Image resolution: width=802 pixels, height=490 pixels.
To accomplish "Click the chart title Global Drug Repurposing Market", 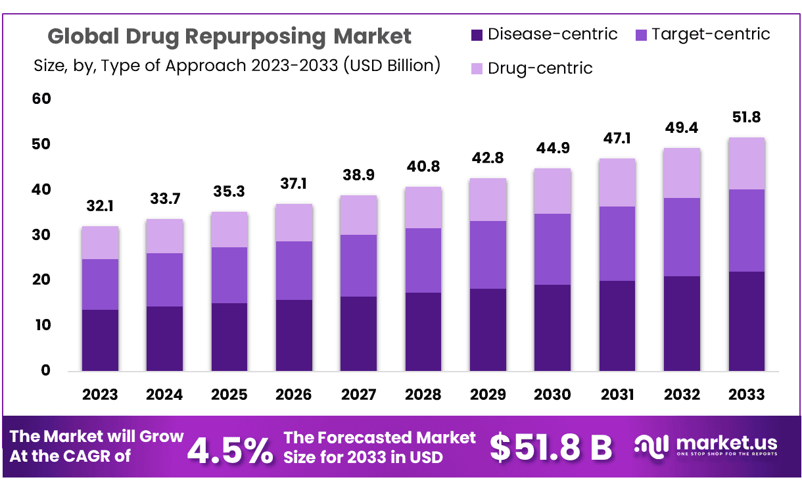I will click(229, 36).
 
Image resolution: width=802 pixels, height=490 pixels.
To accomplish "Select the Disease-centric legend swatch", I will click(477, 34).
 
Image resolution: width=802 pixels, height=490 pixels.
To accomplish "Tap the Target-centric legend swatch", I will click(641, 34).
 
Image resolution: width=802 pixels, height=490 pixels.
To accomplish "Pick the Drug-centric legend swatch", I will click(477, 68).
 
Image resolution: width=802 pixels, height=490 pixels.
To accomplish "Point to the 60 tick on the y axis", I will click(41, 99).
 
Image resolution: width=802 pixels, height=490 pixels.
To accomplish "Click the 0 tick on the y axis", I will click(45, 370).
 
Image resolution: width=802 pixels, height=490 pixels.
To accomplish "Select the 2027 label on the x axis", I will click(358, 395).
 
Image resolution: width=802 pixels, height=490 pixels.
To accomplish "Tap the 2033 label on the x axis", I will click(746, 395).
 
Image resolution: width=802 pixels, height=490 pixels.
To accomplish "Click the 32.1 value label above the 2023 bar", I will click(100, 206).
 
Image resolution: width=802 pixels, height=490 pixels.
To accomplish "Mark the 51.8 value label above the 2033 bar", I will click(746, 118).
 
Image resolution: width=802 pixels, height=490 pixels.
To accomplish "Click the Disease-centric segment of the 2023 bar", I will click(100, 340).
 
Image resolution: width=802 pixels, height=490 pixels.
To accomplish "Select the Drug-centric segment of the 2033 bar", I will click(746, 163).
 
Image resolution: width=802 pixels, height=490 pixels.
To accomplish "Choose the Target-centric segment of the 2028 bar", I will click(423, 260).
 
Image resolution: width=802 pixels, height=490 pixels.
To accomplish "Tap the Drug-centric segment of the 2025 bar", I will click(229, 230).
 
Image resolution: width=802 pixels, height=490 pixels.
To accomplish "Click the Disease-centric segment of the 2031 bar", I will click(617, 326).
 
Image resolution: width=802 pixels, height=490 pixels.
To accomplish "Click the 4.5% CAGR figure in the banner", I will click(230, 449).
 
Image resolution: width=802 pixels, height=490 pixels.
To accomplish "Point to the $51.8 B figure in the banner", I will click(551, 447).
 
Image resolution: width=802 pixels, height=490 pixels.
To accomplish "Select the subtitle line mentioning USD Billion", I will click(237, 66).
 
